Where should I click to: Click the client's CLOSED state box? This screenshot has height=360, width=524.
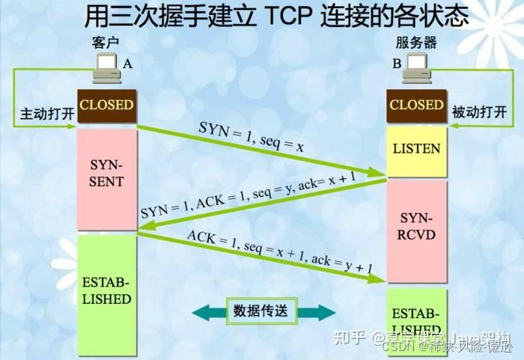106,105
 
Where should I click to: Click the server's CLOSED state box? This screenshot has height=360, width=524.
416,105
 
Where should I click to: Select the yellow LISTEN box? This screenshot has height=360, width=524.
416,148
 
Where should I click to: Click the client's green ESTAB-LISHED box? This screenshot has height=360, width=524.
106,292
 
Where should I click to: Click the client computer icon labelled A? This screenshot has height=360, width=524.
106,67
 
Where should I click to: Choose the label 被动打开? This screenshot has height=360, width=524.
480,113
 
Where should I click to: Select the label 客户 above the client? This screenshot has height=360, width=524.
105,43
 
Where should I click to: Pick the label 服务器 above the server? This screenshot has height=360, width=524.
418,44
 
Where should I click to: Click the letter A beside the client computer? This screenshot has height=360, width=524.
127,64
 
